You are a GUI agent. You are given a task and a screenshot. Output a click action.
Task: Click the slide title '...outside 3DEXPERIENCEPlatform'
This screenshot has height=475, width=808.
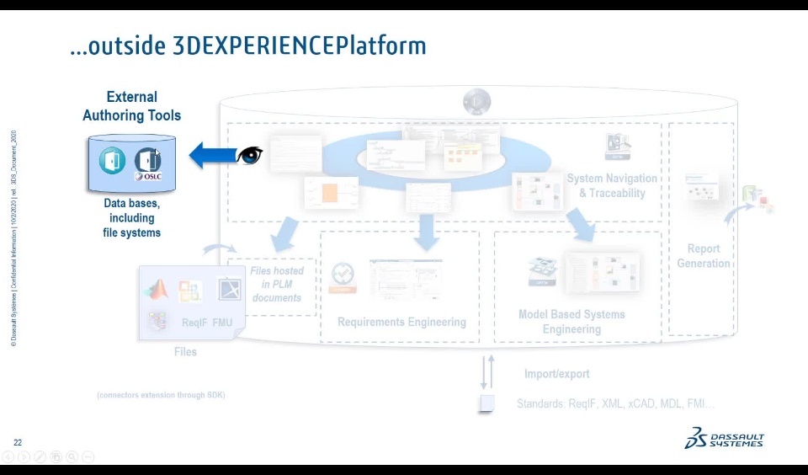pos(248,45)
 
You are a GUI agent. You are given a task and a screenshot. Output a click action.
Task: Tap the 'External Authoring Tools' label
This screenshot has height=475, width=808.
pos(132,106)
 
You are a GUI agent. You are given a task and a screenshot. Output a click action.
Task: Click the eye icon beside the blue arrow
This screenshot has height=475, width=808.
pos(250,156)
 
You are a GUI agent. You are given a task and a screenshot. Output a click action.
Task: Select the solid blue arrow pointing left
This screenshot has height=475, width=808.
pos(212,156)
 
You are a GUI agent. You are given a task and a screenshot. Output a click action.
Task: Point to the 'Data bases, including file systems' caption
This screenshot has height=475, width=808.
pos(132,218)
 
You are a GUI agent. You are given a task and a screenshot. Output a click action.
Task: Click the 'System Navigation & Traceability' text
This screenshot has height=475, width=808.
pos(612,185)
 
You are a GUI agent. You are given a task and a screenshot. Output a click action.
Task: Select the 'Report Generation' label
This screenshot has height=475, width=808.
pos(703,256)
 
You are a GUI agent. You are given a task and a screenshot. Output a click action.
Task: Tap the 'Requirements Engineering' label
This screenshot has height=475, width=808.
pos(401,322)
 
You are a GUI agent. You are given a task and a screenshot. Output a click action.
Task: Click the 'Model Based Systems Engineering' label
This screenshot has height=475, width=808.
pos(571,322)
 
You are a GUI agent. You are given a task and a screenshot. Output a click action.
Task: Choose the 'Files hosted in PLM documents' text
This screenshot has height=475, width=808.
pos(277,284)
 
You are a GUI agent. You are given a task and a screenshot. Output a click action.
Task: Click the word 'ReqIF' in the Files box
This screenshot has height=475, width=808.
pos(194,323)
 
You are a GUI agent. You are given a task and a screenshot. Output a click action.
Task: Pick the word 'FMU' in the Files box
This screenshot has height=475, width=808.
pos(222,323)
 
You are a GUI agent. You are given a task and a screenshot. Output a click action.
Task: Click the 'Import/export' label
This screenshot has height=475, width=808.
pos(556,374)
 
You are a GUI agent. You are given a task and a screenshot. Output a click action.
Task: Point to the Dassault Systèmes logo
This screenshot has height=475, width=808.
pos(724,438)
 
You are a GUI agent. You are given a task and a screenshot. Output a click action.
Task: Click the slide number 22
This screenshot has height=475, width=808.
pos(18,442)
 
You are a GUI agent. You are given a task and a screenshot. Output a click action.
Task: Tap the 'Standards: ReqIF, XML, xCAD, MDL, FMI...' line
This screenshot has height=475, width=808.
pos(615,404)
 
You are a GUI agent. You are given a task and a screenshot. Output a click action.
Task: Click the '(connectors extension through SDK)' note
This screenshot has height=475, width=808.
pos(161,395)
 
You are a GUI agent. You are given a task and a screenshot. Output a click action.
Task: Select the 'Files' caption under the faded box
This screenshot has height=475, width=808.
pos(185,351)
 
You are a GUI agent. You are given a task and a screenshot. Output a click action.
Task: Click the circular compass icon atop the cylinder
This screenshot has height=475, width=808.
pos(477,103)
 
